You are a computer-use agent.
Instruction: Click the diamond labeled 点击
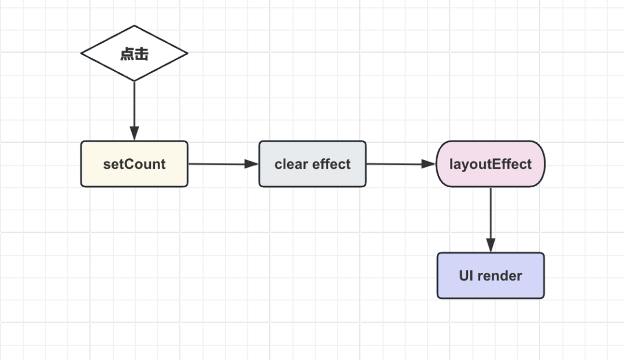pyautogui.click(x=134, y=53)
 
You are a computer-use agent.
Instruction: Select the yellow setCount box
pyautogui.click(x=134, y=164)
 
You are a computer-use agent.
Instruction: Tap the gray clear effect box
pyautogui.click(x=313, y=164)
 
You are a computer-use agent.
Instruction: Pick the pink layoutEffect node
pyautogui.click(x=491, y=164)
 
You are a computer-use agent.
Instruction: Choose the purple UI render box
pyautogui.click(x=491, y=275)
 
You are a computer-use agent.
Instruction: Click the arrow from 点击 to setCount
pyautogui.click(x=134, y=111)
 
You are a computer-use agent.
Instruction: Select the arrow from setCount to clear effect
pyautogui.click(x=223, y=164)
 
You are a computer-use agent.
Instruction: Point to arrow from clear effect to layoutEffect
pyautogui.click(x=401, y=164)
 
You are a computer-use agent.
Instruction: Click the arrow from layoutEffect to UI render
pyautogui.click(x=491, y=220)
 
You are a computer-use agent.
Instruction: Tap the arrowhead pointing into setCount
pyautogui.click(x=134, y=133)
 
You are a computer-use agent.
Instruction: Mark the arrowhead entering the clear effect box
pyautogui.click(x=251, y=164)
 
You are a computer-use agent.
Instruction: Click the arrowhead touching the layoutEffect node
pyautogui.click(x=429, y=164)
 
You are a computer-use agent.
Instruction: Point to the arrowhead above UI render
pyautogui.click(x=491, y=246)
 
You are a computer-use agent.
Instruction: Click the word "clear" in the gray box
pyautogui.click(x=291, y=164)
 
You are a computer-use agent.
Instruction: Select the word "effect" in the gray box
pyautogui.click(x=332, y=164)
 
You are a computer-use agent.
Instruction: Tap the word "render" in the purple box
pyautogui.click(x=499, y=276)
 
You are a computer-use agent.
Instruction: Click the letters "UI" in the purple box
pyautogui.click(x=466, y=276)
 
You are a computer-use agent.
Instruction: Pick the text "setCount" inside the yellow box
pyautogui.click(x=134, y=164)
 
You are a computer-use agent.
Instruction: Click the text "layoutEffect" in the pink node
pyautogui.click(x=491, y=164)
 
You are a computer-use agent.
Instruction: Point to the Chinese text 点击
pyautogui.click(x=134, y=54)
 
